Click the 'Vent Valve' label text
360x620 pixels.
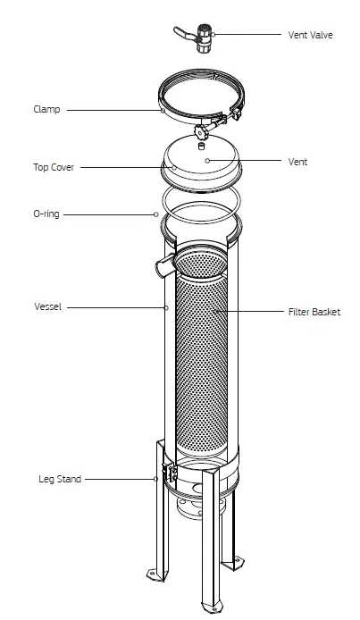click(310, 35)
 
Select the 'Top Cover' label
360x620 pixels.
click(53, 167)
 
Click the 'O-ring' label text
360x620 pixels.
click(46, 214)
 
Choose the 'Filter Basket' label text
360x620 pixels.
click(314, 312)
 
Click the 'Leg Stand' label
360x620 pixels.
click(58, 479)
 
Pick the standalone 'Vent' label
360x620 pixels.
click(298, 162)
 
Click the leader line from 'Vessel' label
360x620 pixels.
click(116, 307)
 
